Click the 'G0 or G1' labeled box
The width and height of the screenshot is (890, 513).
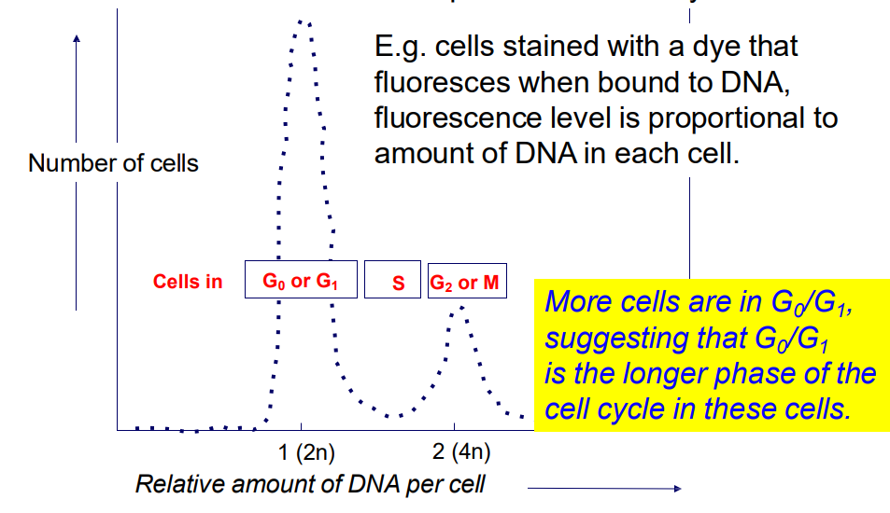(x=301, y=280)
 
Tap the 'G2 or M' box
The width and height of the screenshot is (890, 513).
(x=466, y=280)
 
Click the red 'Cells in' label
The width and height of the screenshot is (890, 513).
(x=188, y=281)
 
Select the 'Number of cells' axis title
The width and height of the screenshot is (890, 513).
(x=113, y=163)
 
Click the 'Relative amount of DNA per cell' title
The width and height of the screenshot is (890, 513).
(x=310, y=485)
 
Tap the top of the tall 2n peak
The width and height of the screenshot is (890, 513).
(x=303, y=21)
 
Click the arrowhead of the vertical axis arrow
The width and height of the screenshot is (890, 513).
(x=77, y=38)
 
